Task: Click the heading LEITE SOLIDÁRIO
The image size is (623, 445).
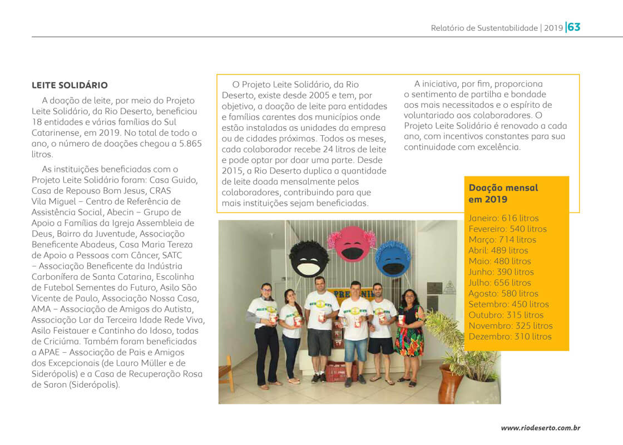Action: coord(70,86)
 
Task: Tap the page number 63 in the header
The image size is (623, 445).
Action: coord(574,27)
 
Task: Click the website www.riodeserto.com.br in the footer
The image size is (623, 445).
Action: coord(541,428)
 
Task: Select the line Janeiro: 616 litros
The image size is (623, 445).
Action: coord(503,218)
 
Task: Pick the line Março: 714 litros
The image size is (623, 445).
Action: coord(502,240)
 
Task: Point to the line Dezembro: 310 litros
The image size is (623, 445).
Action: coord(510,337)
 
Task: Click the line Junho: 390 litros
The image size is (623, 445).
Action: coord(501,272)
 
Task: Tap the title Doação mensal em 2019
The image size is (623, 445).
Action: coord(503,193)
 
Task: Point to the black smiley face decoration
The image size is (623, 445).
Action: coord(309,259)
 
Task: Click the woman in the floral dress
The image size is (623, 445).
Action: coord(409,337)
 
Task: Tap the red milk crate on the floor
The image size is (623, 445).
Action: coord(339,371)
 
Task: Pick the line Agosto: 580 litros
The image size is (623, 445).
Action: coord(503,294)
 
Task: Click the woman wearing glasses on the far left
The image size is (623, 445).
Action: coord(265,334)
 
